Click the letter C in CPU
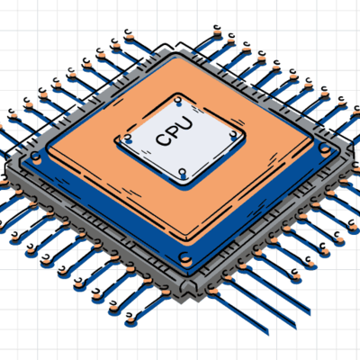[x=163, y=139]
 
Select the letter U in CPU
[x=185, y=123]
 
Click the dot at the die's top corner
[x=178, y=102]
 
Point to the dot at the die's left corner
[x=128, y=139]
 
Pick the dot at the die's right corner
[x=234, y=137]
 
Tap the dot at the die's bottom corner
[x=183, y=174]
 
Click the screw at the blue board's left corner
[x=36, y=157]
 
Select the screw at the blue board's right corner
[x=325, y=148]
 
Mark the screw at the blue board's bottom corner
[x=186, y=258]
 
